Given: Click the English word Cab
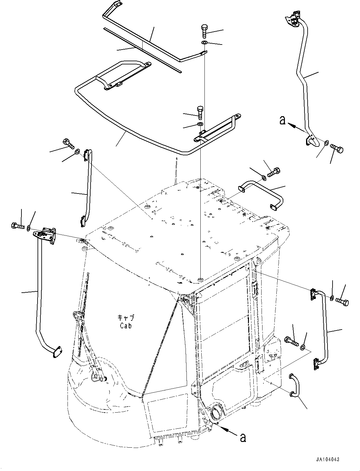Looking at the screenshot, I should [125, 325].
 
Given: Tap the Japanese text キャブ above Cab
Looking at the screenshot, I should [125, 317].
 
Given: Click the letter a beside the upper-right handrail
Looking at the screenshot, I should [283, 120].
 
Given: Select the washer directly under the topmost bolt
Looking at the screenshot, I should [204, 43].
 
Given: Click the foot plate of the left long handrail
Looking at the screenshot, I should [56, 352].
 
